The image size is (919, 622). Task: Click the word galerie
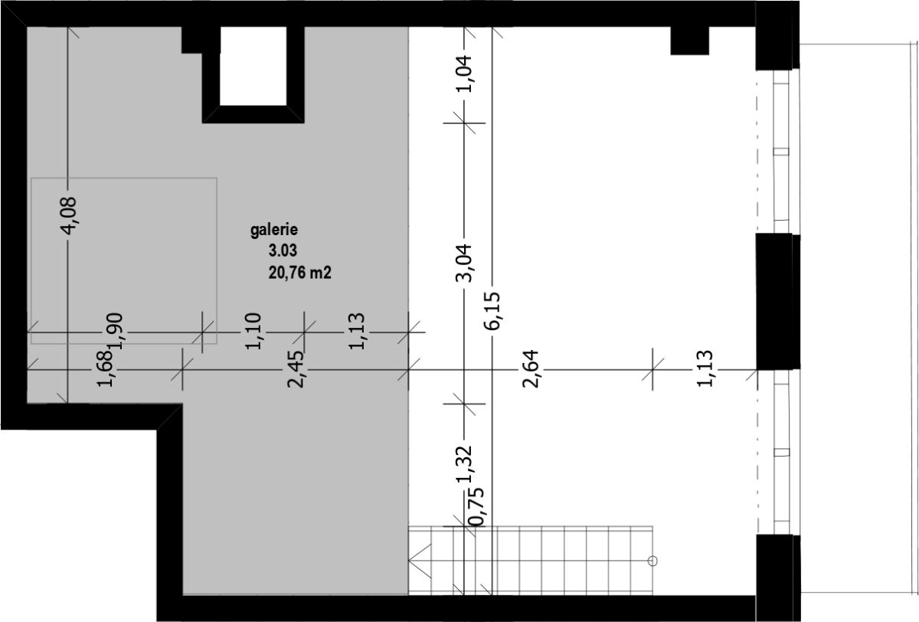click(x=274, y=230)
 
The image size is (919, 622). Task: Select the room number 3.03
click(x=283, y=250)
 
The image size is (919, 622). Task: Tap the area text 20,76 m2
click(x=300, y=273)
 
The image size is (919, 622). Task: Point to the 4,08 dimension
click(x=69, y=216)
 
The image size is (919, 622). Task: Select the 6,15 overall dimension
click(x=492, y=310)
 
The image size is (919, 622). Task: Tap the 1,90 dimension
click(x=115, y=331)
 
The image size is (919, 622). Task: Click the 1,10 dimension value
click(x=253, y=331)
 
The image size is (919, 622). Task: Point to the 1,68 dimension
click(x=105, y=368)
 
